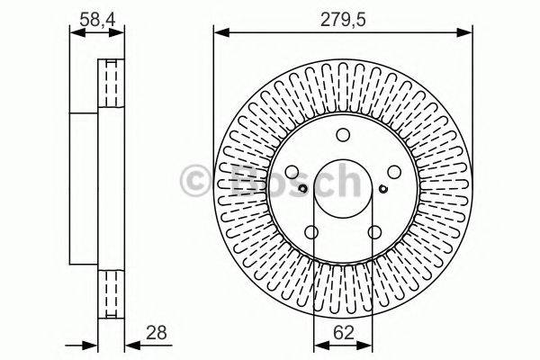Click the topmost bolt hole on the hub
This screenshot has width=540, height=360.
(343, 136)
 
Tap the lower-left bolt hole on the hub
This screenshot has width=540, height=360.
(312, 233)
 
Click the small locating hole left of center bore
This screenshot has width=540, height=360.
(304, 188)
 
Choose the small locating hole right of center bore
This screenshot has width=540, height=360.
(382, 188)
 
